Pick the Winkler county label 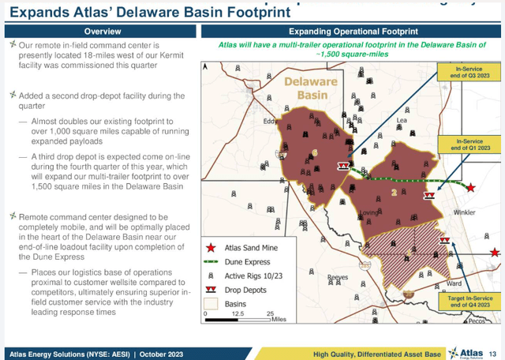(466, 212)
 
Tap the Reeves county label (338, 277)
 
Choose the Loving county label (367, 213)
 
